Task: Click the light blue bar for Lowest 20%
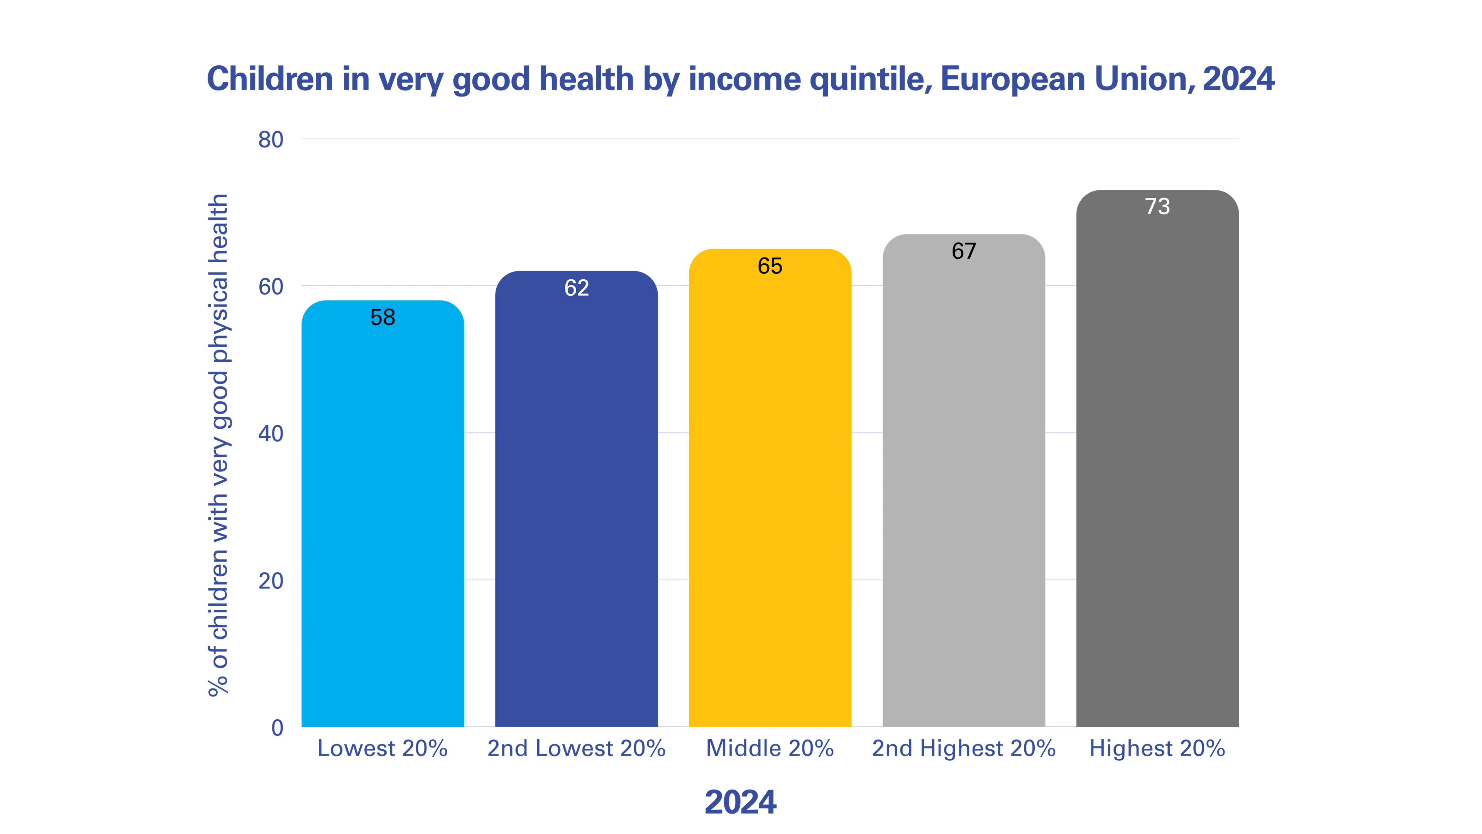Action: [382, 514]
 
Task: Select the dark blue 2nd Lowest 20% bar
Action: [577, 498]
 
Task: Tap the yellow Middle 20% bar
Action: [770, 488]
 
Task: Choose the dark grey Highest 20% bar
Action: [1157, 458]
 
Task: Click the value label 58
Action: [382, 317]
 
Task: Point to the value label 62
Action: [577, 288]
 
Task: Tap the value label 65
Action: [770, 266]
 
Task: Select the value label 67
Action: [964, 251]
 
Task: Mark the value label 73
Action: [1157, 207]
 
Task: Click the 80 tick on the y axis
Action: [271, 139]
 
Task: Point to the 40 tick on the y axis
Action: [271, 433]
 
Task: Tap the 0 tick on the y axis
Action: [277, 727]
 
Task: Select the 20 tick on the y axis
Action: [271, 581]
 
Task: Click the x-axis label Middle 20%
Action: [770, 748]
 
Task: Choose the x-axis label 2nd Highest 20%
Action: [964, 748]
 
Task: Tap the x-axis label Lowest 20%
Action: [382, 748]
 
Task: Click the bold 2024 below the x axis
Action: [741, 802]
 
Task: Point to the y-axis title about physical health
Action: [218, 445]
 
